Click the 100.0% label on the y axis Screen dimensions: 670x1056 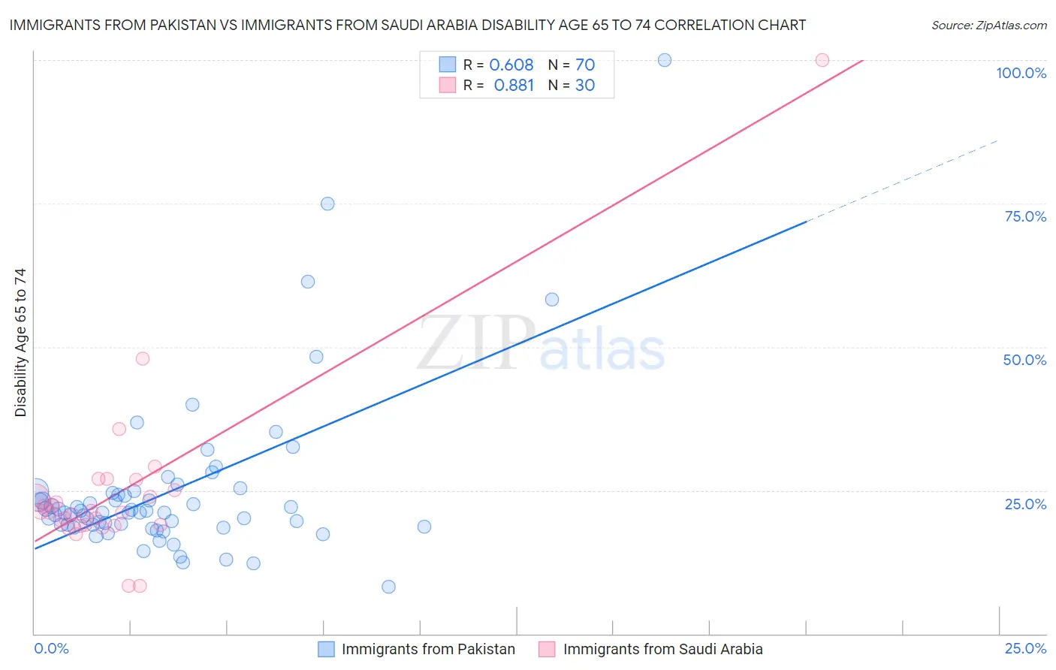point(1021,73)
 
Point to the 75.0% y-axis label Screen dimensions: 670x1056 point(1025,216)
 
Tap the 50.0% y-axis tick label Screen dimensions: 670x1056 point(1024,360)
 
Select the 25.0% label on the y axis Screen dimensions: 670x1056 point(1025,503)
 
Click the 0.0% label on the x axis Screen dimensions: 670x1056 point(51,648)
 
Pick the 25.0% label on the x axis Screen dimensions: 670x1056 point(1025,648)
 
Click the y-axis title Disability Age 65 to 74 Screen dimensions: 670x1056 point(20,343)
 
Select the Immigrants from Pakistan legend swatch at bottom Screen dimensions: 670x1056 point(326,649)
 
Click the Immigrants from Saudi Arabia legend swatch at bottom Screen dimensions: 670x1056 point(547,649)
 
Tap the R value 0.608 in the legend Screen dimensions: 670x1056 point(511,65)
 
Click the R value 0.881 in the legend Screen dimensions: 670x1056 point(514,85)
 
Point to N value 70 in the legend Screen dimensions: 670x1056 point(585,65)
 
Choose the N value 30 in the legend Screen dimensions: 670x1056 point(585,85)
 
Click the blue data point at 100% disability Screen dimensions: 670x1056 point(665,60)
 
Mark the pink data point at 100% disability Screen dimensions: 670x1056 point(822,60)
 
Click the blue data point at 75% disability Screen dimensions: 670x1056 point(327,204)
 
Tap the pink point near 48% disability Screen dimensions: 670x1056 point(143,358)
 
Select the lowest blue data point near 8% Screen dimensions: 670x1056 point(388,587)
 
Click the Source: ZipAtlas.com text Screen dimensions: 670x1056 point(988,25)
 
